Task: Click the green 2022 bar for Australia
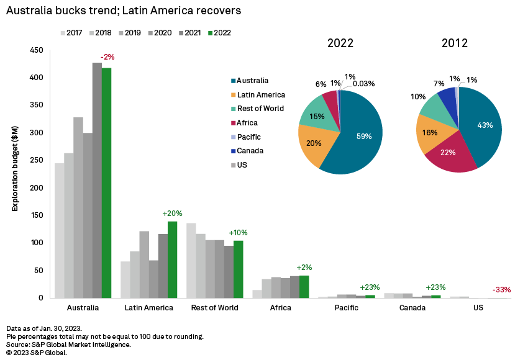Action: point(106,183)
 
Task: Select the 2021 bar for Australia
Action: point(97,180)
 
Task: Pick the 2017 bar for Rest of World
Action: point(191,260)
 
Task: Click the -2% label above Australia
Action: point(107,57)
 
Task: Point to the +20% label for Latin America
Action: point(173,214)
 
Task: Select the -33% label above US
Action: point(501,290)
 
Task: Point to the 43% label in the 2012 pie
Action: point(485,125)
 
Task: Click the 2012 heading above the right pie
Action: point(455,43)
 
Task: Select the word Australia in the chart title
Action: point(30,11)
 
